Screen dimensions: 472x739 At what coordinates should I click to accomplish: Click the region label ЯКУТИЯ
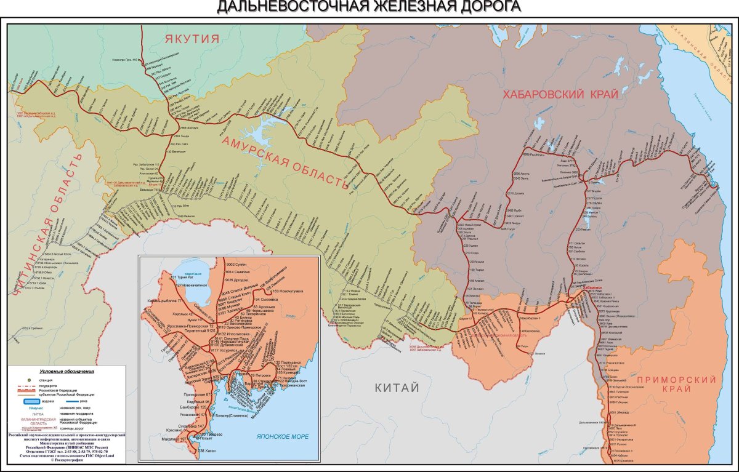coord(192,39)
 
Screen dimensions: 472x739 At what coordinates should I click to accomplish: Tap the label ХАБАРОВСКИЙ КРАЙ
coord(560,94)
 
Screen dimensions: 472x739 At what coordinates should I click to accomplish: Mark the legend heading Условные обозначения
coord(66,372)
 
